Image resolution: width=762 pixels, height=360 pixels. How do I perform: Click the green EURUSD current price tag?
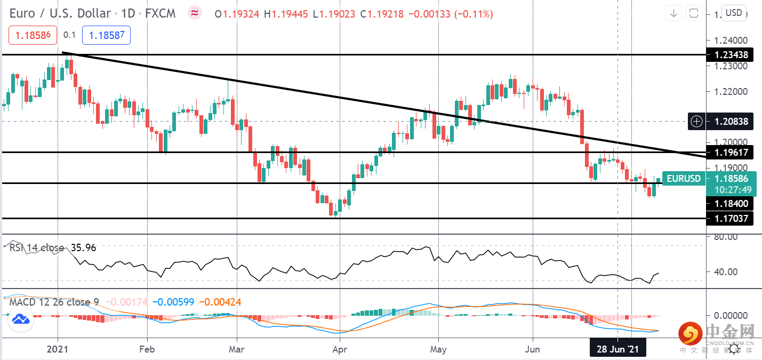[x=684, y=179]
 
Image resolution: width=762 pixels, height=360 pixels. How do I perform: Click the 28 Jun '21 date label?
[x=617, y=350]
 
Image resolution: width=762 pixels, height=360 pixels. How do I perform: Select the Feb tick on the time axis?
[x=147, y=350]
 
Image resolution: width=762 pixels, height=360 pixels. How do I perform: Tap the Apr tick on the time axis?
[x=340, y=350]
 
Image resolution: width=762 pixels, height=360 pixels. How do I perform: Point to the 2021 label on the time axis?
[x=58, y=350]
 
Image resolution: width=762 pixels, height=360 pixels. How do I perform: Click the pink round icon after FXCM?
[x=195, y=13]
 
